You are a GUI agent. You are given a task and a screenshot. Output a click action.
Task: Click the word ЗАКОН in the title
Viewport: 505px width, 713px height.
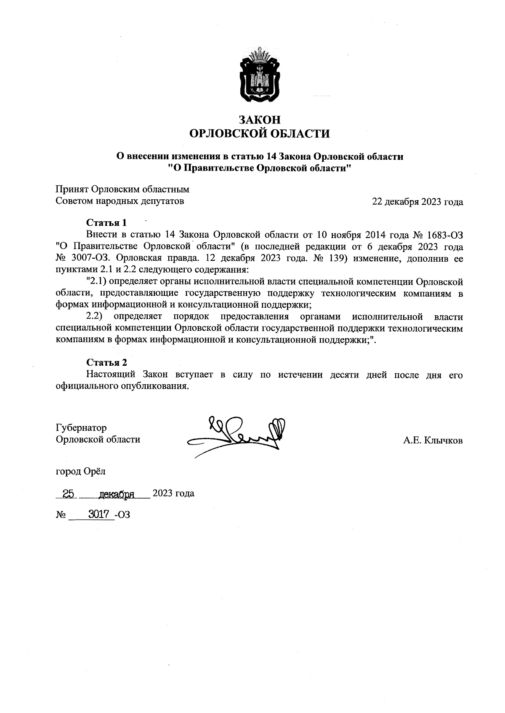[260, 120]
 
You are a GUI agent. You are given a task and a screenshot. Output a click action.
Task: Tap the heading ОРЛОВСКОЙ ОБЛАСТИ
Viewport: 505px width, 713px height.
[260, 134]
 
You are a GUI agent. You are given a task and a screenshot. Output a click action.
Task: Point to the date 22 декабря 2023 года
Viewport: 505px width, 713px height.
[417, 202]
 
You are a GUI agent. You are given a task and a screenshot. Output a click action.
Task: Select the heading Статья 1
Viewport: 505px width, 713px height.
[106, 222]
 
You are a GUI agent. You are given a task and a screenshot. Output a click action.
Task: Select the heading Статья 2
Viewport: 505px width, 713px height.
[106, 362]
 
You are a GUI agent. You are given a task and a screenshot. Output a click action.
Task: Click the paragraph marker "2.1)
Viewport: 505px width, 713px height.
[96, 281]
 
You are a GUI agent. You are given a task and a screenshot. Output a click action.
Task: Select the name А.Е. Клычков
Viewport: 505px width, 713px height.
[433, 441]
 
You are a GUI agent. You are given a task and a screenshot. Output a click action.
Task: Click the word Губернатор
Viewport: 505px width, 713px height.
[81, 428]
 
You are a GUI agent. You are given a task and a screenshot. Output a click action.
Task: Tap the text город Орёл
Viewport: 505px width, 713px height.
[81, 471]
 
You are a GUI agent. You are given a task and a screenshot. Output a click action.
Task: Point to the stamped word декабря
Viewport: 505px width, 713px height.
[116, 494]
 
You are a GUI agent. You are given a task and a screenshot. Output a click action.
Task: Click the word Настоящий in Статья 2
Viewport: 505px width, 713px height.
[110, 375]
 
